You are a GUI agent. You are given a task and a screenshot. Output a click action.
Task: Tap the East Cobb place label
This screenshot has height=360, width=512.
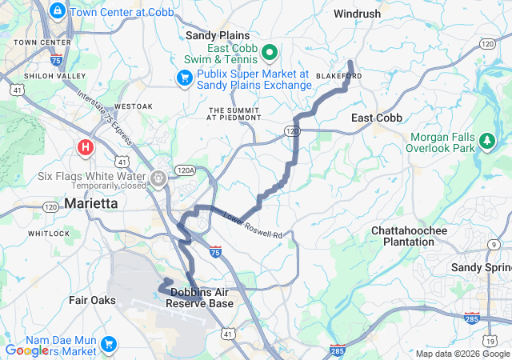pos(377,118)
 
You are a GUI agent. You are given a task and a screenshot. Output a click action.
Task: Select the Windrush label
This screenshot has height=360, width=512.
pos(358,14)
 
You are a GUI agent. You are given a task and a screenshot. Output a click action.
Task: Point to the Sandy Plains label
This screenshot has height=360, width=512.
pos(218,35)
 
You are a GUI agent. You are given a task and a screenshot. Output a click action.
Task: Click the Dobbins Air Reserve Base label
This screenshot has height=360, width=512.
pos(202,298)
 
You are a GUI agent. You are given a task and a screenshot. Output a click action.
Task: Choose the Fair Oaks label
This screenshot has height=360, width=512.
pos(92,300)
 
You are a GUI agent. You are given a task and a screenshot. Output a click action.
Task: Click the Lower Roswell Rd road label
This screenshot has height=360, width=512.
pos(254,226)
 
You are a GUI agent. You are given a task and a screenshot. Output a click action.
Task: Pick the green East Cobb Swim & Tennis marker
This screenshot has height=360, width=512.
pos(270,54)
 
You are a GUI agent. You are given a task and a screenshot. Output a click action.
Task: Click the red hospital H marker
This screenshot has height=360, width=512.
pos(86,147)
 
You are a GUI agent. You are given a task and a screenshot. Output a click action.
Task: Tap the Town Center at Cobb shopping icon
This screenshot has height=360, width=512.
pos(58,11)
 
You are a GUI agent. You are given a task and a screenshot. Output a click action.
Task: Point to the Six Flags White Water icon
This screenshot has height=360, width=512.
pos(160,176)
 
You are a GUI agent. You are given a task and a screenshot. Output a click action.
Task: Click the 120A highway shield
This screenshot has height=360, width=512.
pos(186,170)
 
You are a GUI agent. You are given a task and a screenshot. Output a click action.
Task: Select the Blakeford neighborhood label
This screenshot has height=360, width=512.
pos(339,75)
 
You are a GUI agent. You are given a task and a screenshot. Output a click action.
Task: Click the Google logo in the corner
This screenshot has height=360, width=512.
pos(28,350)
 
